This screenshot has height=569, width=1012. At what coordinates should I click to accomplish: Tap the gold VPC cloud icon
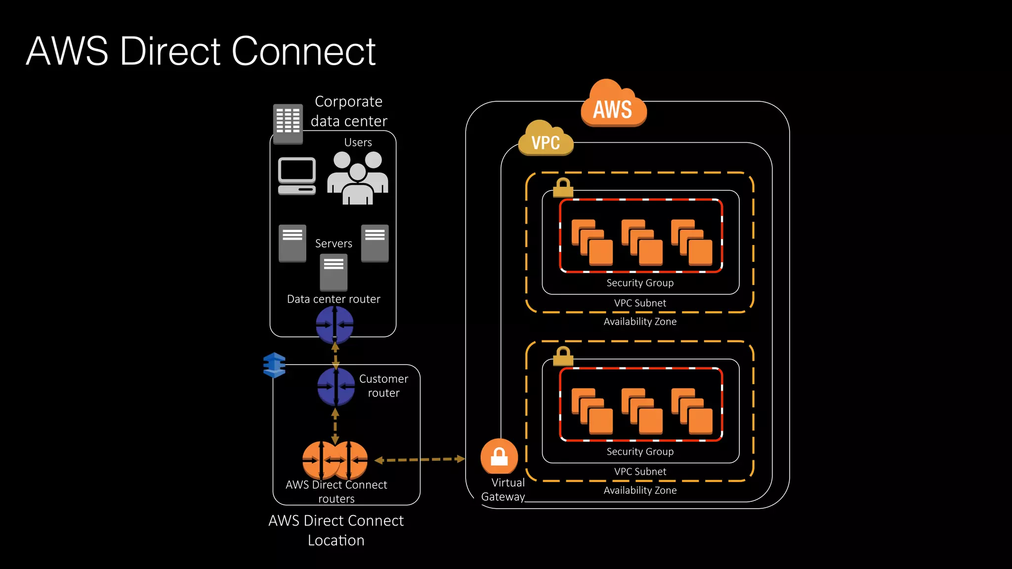coord(546,140)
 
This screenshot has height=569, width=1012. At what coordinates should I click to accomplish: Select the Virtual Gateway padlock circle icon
coord(499,456)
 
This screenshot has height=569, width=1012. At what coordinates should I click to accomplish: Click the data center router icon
coord(335,325)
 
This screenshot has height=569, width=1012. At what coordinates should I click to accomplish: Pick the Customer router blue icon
coord(336,387)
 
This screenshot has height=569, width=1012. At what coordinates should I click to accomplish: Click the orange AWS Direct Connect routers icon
coord(335,460)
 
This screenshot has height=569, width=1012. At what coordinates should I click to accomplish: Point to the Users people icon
coord(358,178)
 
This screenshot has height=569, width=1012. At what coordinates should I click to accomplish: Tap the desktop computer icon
coord(296,176)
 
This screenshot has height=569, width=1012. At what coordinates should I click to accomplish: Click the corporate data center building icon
coord(288,123)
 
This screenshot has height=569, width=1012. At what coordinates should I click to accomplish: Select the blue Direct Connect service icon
coord(274,365)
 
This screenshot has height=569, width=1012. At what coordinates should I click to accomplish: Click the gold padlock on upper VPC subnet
coord(563,188)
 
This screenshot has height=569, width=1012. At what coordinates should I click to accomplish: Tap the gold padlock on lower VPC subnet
coord(563,356)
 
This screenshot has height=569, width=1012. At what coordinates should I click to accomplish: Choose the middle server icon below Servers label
coord(334,272)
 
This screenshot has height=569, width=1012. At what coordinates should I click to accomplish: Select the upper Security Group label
coord(640,283)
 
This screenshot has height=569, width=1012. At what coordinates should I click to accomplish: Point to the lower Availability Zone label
coord(640,490)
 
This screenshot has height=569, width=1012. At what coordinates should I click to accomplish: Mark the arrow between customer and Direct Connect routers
coord(335,425)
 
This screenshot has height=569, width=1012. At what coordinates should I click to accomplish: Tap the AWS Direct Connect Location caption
coord(336,530)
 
